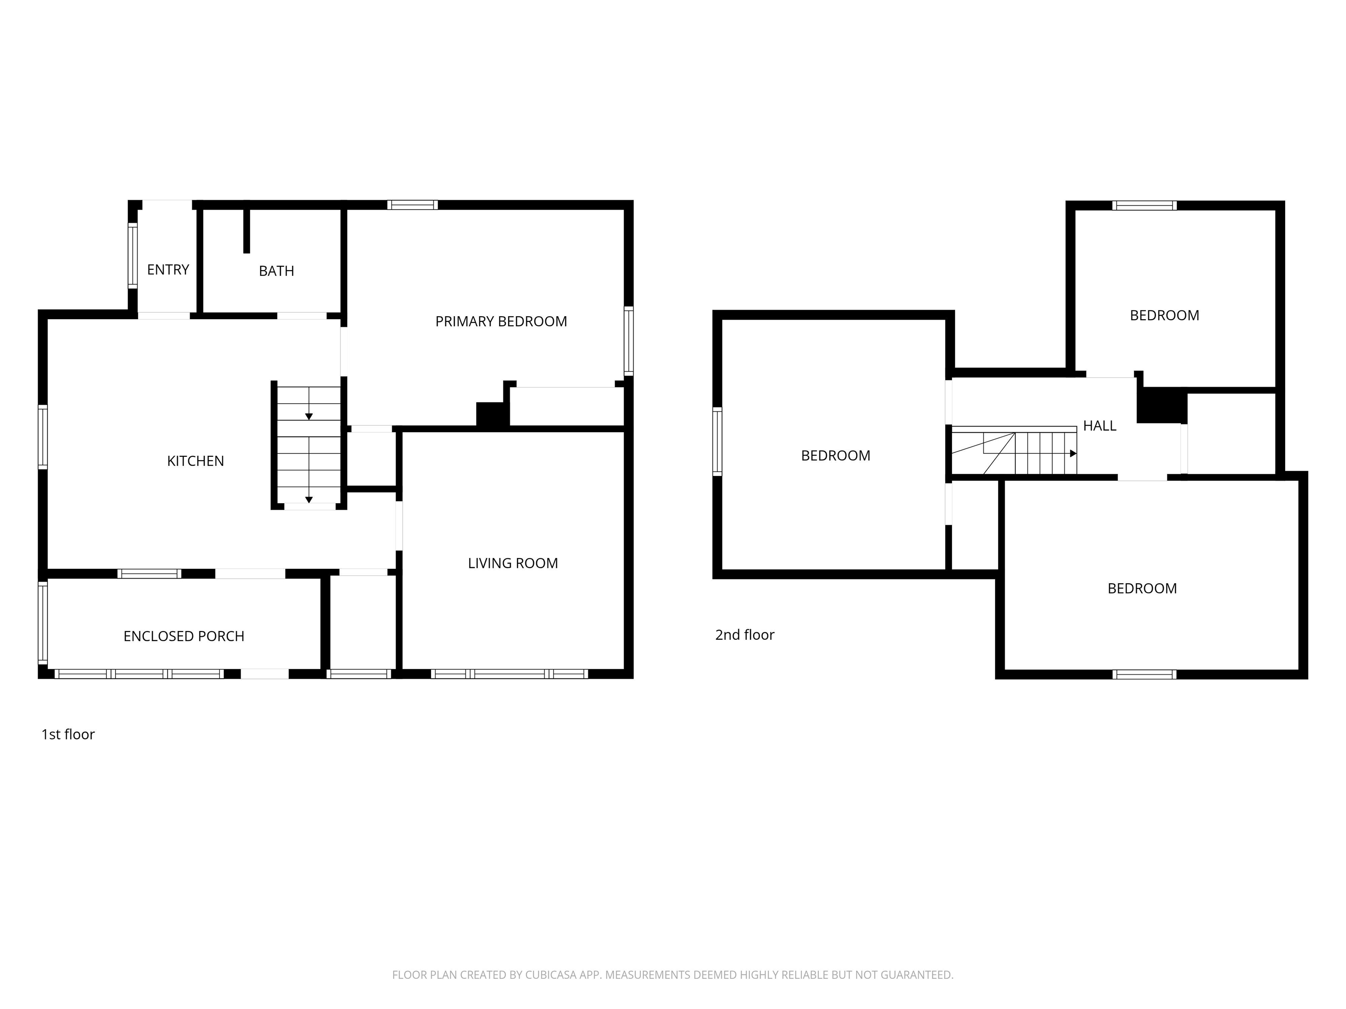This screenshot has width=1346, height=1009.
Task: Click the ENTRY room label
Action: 168,269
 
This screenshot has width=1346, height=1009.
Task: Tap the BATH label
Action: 276,271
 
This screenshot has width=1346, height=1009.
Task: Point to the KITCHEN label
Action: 195,461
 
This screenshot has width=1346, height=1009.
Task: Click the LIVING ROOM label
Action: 512,563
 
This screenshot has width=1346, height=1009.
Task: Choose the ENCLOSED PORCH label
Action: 184,636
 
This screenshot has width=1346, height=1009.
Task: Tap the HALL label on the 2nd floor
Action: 1100,426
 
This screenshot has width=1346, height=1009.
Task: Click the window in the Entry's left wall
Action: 132,255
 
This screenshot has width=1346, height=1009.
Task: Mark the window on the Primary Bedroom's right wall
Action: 629,341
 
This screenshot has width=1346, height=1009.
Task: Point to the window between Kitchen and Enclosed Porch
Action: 149,574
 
